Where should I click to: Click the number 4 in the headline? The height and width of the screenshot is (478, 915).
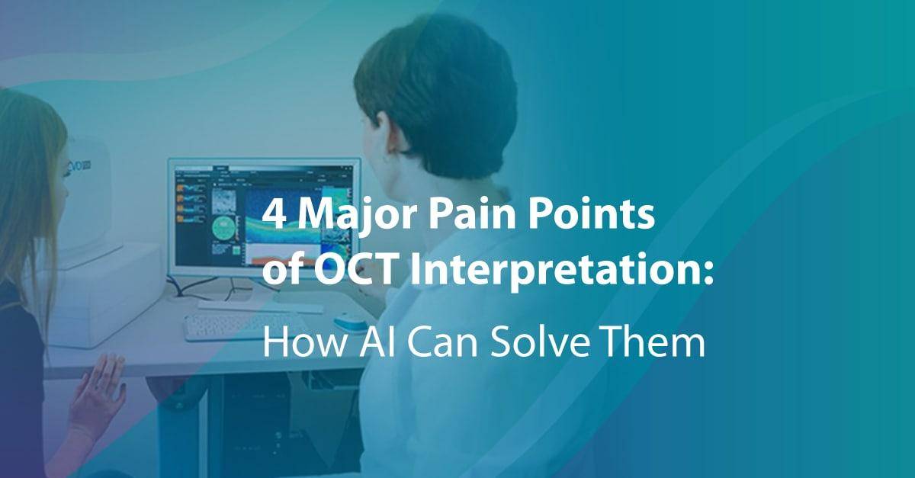[274, 215]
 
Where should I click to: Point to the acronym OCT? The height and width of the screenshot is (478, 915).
[356, 270]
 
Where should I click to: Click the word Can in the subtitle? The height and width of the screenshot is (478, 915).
[442, 344]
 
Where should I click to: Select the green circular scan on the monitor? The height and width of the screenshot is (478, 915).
[223, 228]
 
